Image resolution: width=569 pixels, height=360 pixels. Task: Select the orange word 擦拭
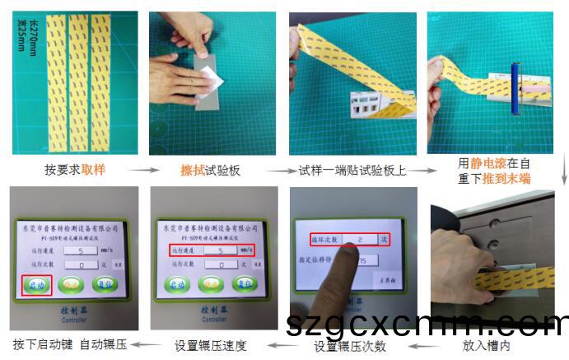(x=193, y=171)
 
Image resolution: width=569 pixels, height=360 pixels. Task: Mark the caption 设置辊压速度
(x=210, y=344)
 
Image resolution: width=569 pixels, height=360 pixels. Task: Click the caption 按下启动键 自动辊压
(x=69, y=344)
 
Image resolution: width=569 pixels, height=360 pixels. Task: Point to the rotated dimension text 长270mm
(x=34, y=31)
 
